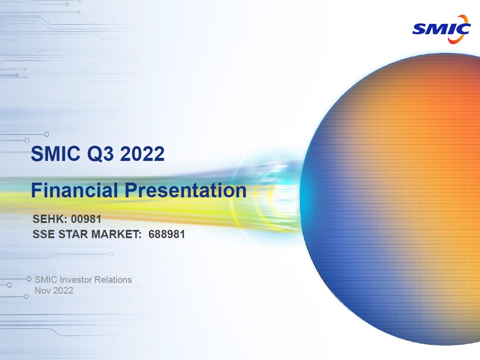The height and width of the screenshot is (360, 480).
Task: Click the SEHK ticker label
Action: click(50, 219)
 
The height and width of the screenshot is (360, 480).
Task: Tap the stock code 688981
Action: click(167, 235)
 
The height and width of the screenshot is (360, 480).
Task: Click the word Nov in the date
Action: click(43, 291)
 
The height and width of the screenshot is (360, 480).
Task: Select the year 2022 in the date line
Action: click(63, 291)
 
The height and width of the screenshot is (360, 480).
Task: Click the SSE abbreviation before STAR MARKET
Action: click(43, 235)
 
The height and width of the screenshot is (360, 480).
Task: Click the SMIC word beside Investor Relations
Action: click(46, 280)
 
